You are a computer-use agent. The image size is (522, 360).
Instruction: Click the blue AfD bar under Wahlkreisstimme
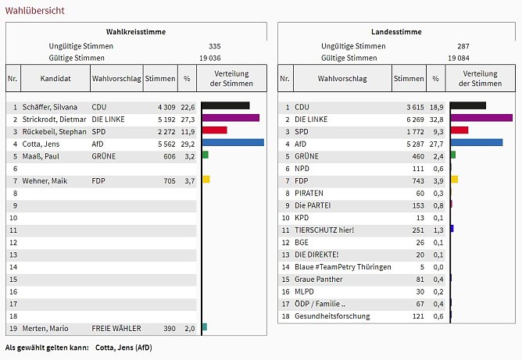pos(232,143)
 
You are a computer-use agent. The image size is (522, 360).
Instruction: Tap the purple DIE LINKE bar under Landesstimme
pos(481,118)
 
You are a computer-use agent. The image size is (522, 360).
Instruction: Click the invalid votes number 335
pos(215,46)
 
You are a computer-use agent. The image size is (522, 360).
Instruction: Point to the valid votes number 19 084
pos(459,58)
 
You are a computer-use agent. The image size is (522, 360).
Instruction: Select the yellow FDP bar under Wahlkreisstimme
pos(206,180)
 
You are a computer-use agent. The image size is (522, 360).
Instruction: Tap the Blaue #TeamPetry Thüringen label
pos(343,267)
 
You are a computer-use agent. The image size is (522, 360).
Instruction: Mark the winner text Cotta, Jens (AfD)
pos(123,347)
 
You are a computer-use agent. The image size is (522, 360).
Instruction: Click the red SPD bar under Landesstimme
pos(459,130)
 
